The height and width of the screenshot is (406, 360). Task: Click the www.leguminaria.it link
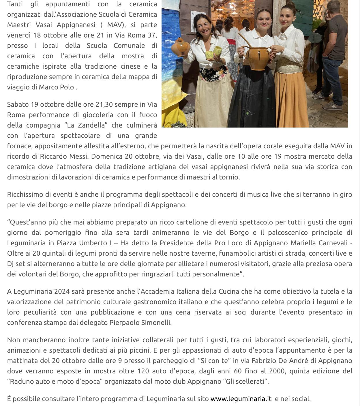pyautogui.click(x=241, y=399)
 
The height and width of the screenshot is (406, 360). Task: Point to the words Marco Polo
pyautogui.click(x=56, y=87)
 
